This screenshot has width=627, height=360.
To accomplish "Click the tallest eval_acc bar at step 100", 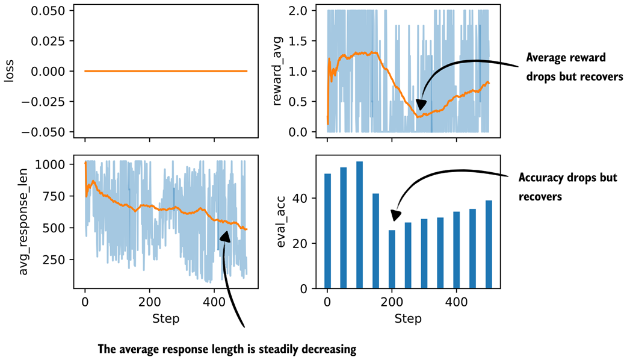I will tap(360, 225).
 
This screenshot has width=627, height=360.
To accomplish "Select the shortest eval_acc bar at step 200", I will tap(392, 259).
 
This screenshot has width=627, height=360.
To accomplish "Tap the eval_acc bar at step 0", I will tap(327, 231).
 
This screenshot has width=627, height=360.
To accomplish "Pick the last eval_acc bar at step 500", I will tap(489, 244).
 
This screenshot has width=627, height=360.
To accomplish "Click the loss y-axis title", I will tap(10, 71).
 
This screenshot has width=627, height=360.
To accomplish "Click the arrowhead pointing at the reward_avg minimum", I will tap(422, 105).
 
